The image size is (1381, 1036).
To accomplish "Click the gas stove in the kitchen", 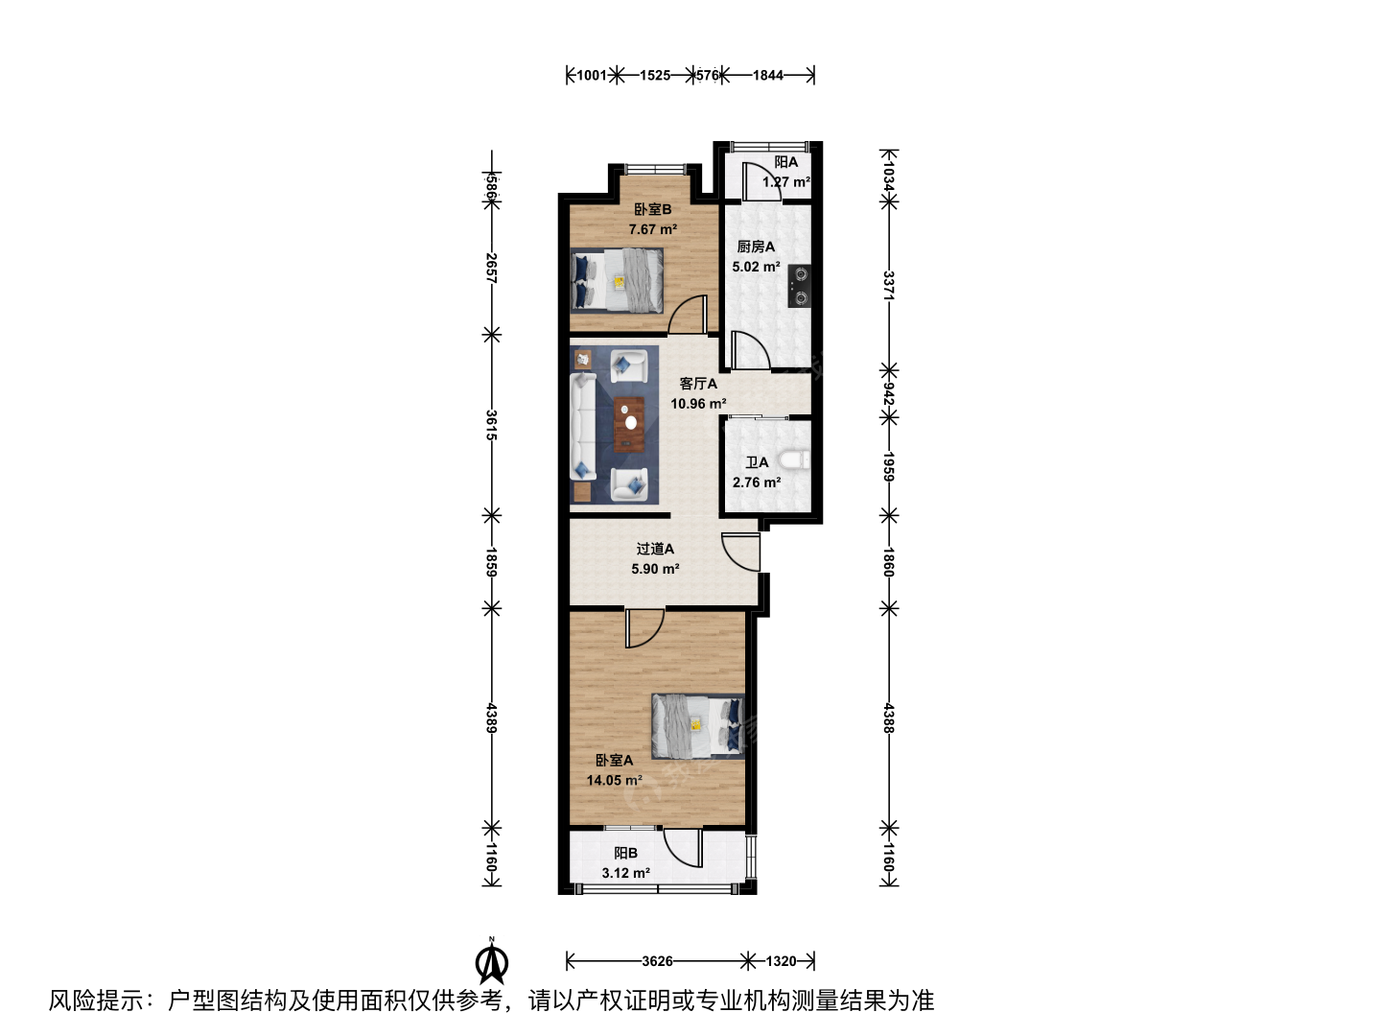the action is point(799,286).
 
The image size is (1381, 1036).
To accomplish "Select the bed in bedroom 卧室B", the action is point(617,280).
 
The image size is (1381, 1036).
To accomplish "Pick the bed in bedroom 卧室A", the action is point(698,726).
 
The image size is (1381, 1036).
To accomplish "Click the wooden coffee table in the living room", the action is point(629,425).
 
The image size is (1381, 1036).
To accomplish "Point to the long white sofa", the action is point(583,426).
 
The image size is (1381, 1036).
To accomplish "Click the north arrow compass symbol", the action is point(492,960).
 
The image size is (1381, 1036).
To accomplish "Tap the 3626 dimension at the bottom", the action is point(658,961).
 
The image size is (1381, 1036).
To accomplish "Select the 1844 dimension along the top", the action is point(768,76).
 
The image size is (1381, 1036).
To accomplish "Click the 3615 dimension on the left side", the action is point(491,425).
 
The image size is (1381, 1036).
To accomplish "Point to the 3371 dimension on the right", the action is point(888,286).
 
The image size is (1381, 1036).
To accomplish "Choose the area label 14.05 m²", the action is point(614,781).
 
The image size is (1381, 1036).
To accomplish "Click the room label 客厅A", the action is point(698,384).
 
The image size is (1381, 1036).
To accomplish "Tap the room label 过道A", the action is point(655,549).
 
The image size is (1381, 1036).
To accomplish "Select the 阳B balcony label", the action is point(626,853).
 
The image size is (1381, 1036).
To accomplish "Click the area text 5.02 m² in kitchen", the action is point(757,267).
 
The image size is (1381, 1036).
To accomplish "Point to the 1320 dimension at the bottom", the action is point(781,961).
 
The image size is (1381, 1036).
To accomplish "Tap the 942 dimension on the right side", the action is point(888,393).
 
